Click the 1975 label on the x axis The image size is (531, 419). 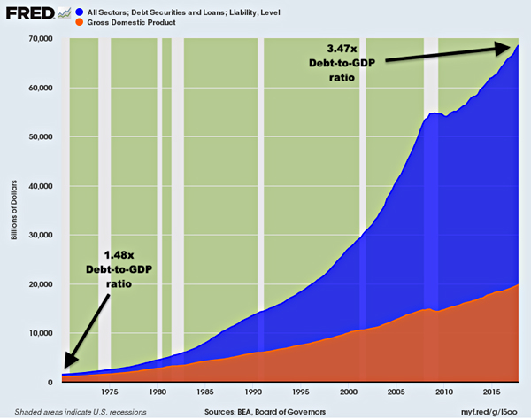point(110,391)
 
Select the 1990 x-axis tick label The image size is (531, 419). point(253,391)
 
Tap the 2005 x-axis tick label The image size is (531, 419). point(397,391)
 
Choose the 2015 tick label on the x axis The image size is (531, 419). point(493,391)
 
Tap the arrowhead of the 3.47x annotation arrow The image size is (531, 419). point(512,46)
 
